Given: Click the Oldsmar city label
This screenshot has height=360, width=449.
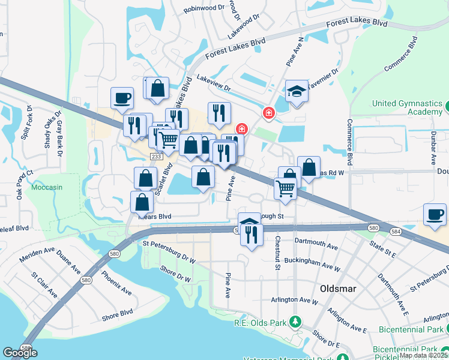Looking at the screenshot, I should pyautogui.click(x=338, y=289).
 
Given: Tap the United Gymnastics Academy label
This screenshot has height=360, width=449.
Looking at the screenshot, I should pyautogui.click(x=407, y=107).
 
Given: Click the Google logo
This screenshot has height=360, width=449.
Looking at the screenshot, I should pyautogui.click(x=20, y=353).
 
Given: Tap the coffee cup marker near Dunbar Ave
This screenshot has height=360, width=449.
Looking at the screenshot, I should pyautogui.click(x=435, y=214).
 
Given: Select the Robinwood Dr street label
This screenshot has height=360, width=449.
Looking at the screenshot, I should pyautogui.click(x=204, y=8).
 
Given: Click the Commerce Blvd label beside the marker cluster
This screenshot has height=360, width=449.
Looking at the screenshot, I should pyautogui.click(x=348, y=142).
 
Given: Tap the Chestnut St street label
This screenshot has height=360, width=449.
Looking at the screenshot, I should pyautogui.click(x=277, y=253).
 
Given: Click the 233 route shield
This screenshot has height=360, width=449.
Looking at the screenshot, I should pyautogui.click(x=155, y=156).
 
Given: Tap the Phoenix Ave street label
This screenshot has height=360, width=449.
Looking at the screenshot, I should pyautogui.click(x=116, y=282).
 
